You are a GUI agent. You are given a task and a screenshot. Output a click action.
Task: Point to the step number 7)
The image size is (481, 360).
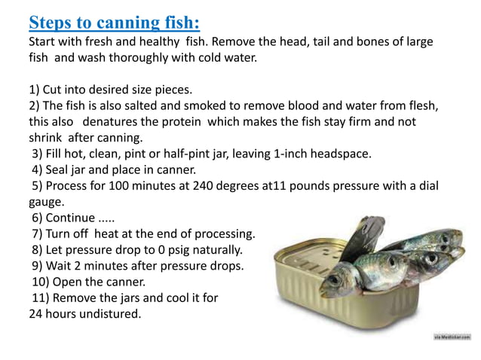pyautogui.click(x=38, y=234)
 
